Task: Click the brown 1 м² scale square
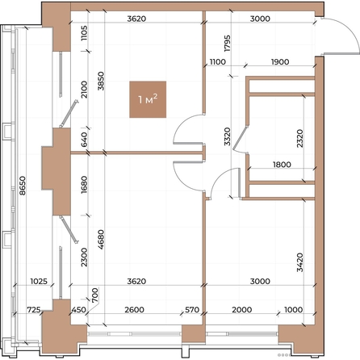(x=148, y=99)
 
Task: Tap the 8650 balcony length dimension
(x=23, y=186)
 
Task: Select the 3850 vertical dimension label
(x=101, y=81)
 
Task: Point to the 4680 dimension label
(x=101, y=239)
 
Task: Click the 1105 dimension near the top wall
(x=84, y=33)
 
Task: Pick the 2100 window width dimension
(x=84, y=90)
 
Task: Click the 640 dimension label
(x=84, y=140)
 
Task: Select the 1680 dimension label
(x=84, y=185)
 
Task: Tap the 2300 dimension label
(x=84, y=257)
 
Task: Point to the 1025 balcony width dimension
(x=39, y=282)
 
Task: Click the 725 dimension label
(x=34, y=310)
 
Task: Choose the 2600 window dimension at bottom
(x=135, y=310)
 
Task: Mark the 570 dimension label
(x=192, y=310)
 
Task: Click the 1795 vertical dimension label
(x=228, y=43)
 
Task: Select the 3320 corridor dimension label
(x=228, y=136)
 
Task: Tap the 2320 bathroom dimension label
(x=299, y=138)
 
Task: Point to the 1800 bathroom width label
(x=282, y=165)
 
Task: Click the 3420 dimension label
(x=299, y=262)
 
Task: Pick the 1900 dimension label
(x=280, y=62)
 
